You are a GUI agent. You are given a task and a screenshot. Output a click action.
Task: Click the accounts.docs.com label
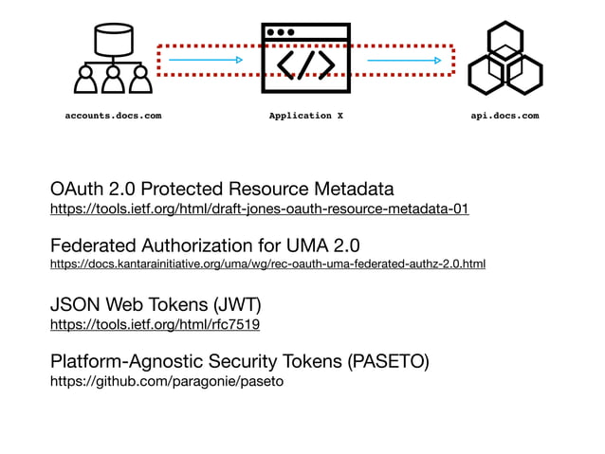[112, 116]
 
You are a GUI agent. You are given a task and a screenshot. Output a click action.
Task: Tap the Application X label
[300, 116]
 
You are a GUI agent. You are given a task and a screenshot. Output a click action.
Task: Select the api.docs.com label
[504, 116]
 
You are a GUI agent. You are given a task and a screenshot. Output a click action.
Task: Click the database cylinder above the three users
[112, 39]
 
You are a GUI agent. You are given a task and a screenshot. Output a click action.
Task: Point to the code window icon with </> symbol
[305, 59]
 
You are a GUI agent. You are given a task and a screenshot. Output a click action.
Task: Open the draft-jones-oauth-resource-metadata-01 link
[259, 209]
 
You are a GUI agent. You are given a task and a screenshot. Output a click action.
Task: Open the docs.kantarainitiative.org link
[267, 263]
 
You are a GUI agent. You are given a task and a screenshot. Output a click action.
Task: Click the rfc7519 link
[155, 324]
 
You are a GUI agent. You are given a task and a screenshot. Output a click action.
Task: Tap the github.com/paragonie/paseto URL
[167, 381]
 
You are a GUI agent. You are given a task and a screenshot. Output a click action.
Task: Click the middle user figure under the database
[113, 82]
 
